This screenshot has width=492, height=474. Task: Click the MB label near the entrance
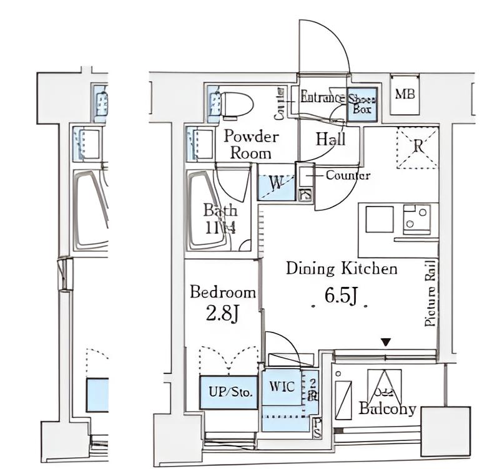[x=405, y=95]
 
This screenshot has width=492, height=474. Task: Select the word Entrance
[x=322, y=97]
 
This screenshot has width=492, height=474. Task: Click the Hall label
[x=330, y=139]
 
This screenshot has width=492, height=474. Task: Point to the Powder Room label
[x=250, y=144]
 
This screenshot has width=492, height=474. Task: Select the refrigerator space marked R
[x=418, y=147]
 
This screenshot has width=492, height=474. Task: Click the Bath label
[x=220, y=219]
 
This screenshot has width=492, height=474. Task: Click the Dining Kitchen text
[x=342, y=269]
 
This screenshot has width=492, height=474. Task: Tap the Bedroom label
[x=222, y=292]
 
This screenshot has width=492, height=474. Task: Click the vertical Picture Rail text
[x=430, y=293]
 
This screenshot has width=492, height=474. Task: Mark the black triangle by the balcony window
[x=386, y=342]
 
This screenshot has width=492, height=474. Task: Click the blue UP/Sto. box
[x=229, y=392]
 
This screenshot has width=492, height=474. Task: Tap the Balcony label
[x=387, y=409]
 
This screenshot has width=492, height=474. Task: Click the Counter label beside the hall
[x=348, y=176]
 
